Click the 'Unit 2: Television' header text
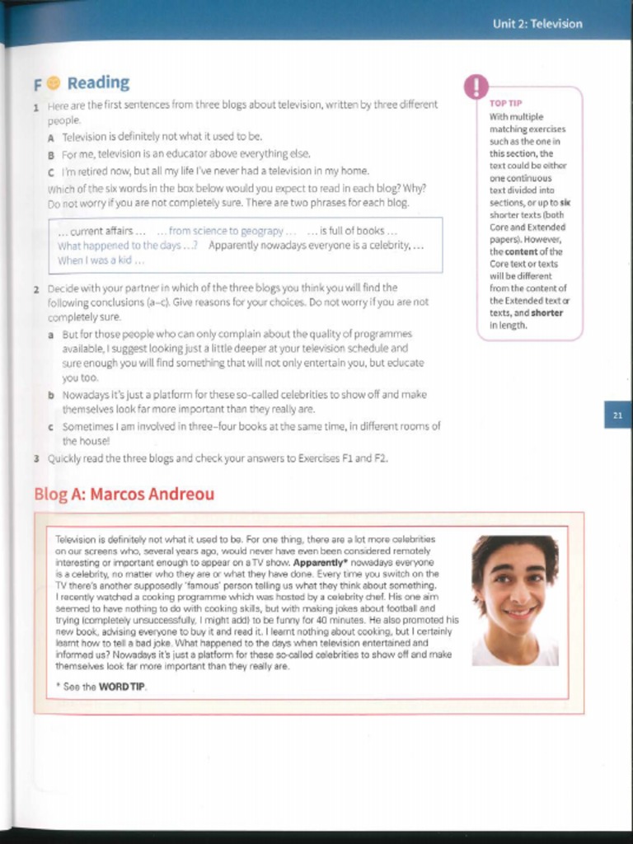(537, 24)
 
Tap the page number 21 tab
(617, 415)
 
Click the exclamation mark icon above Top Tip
(476, 86)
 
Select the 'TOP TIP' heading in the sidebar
(505, 104)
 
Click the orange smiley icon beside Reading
(54, 83)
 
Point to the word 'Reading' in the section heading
(98, 83)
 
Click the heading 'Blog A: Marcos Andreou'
(124, 495)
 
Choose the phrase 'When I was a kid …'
(101, 260)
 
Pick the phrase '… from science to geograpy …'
(226, 231)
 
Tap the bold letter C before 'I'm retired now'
(51, 171)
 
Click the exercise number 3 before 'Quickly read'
(36, 458)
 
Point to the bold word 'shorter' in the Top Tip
(547, 313)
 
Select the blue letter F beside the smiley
(38, 84)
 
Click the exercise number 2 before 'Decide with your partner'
(36, 289)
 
